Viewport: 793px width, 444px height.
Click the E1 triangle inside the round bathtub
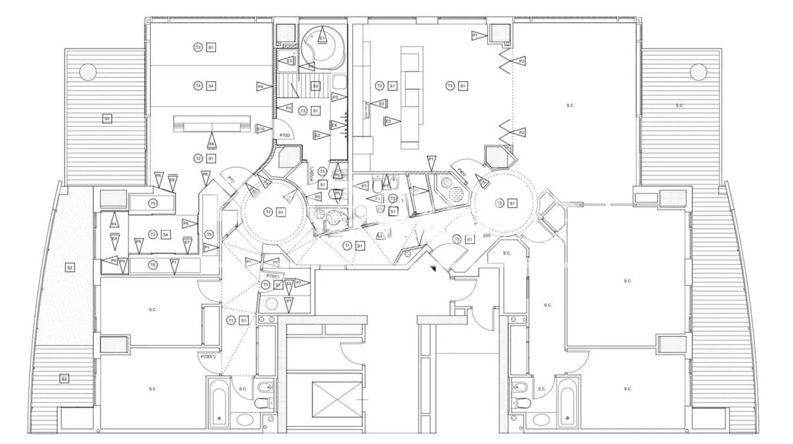point(322,38)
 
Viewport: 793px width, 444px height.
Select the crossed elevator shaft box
point(337,399)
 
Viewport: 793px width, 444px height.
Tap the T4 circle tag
point(198,86)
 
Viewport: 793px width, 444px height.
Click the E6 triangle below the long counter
point(211,142)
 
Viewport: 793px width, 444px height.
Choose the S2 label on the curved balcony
point(70,268)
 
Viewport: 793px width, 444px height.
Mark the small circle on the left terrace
point(88,72)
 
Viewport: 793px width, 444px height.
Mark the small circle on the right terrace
point(698,72)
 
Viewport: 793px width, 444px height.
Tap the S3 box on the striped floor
point(315,86)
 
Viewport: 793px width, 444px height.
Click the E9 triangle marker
point(115,239)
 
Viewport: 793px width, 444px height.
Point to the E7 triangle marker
point(187,242)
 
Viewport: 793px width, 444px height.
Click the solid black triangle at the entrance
point(433,269)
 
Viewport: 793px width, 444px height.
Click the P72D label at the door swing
point(285,135)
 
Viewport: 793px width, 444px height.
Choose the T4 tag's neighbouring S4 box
point(211,86)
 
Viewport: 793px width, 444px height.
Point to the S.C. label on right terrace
point(680,106)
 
